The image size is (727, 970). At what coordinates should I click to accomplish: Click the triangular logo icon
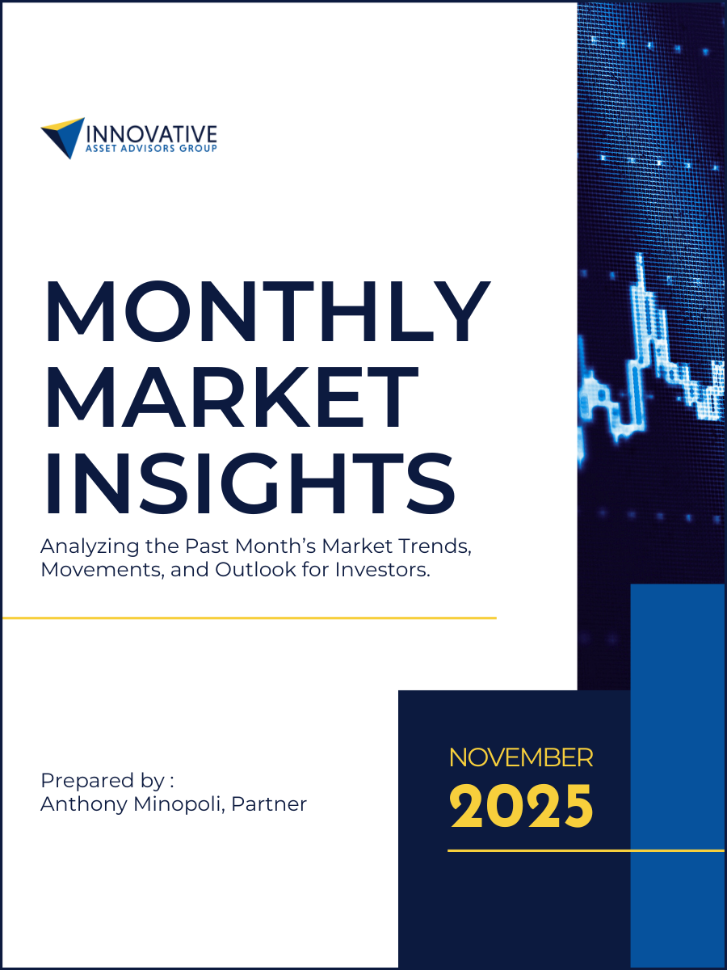[64, 137]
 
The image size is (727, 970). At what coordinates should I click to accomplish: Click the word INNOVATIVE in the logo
[151, 133]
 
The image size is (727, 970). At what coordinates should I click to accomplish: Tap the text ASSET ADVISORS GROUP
[151, 149]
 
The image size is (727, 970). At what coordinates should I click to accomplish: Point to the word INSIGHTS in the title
[249, 487]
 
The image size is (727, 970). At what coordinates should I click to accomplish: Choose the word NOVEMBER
[521, 758]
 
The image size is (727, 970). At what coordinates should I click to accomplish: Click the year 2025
[521, 806]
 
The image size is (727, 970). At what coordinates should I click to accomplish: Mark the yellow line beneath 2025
[586, 850]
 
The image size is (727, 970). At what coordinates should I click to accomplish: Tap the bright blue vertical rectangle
[677, 768]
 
